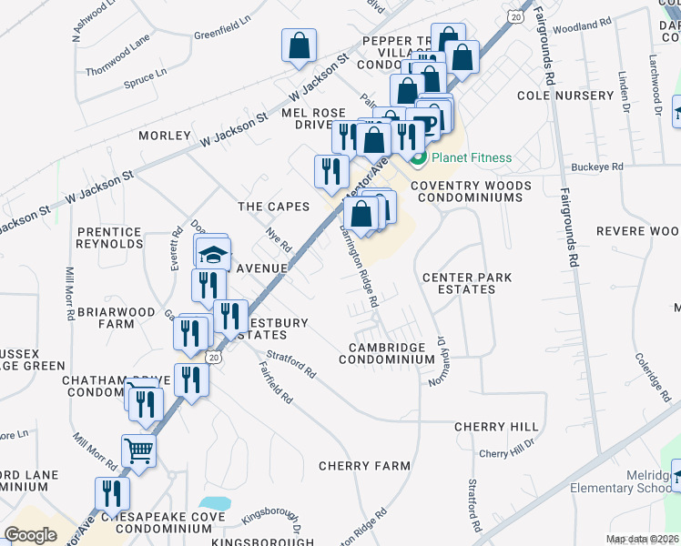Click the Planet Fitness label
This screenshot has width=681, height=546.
(472, 157)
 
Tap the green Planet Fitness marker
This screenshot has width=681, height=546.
(419, 158)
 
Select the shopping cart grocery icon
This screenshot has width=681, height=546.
(138, 450)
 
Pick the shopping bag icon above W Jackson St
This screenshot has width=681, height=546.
(300, 45)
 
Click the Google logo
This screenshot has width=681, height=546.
(30, 534)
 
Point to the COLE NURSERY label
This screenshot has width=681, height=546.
(565, 96)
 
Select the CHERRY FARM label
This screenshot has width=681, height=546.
(364, 466)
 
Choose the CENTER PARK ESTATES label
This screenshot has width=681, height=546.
(467, 283)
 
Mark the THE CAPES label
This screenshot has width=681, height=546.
(274, 207)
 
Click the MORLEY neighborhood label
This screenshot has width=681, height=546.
(165, 136)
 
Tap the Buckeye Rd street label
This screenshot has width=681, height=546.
(597, 167)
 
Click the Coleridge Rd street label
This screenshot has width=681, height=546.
(652, 373)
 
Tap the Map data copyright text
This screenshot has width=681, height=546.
(643, 539)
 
